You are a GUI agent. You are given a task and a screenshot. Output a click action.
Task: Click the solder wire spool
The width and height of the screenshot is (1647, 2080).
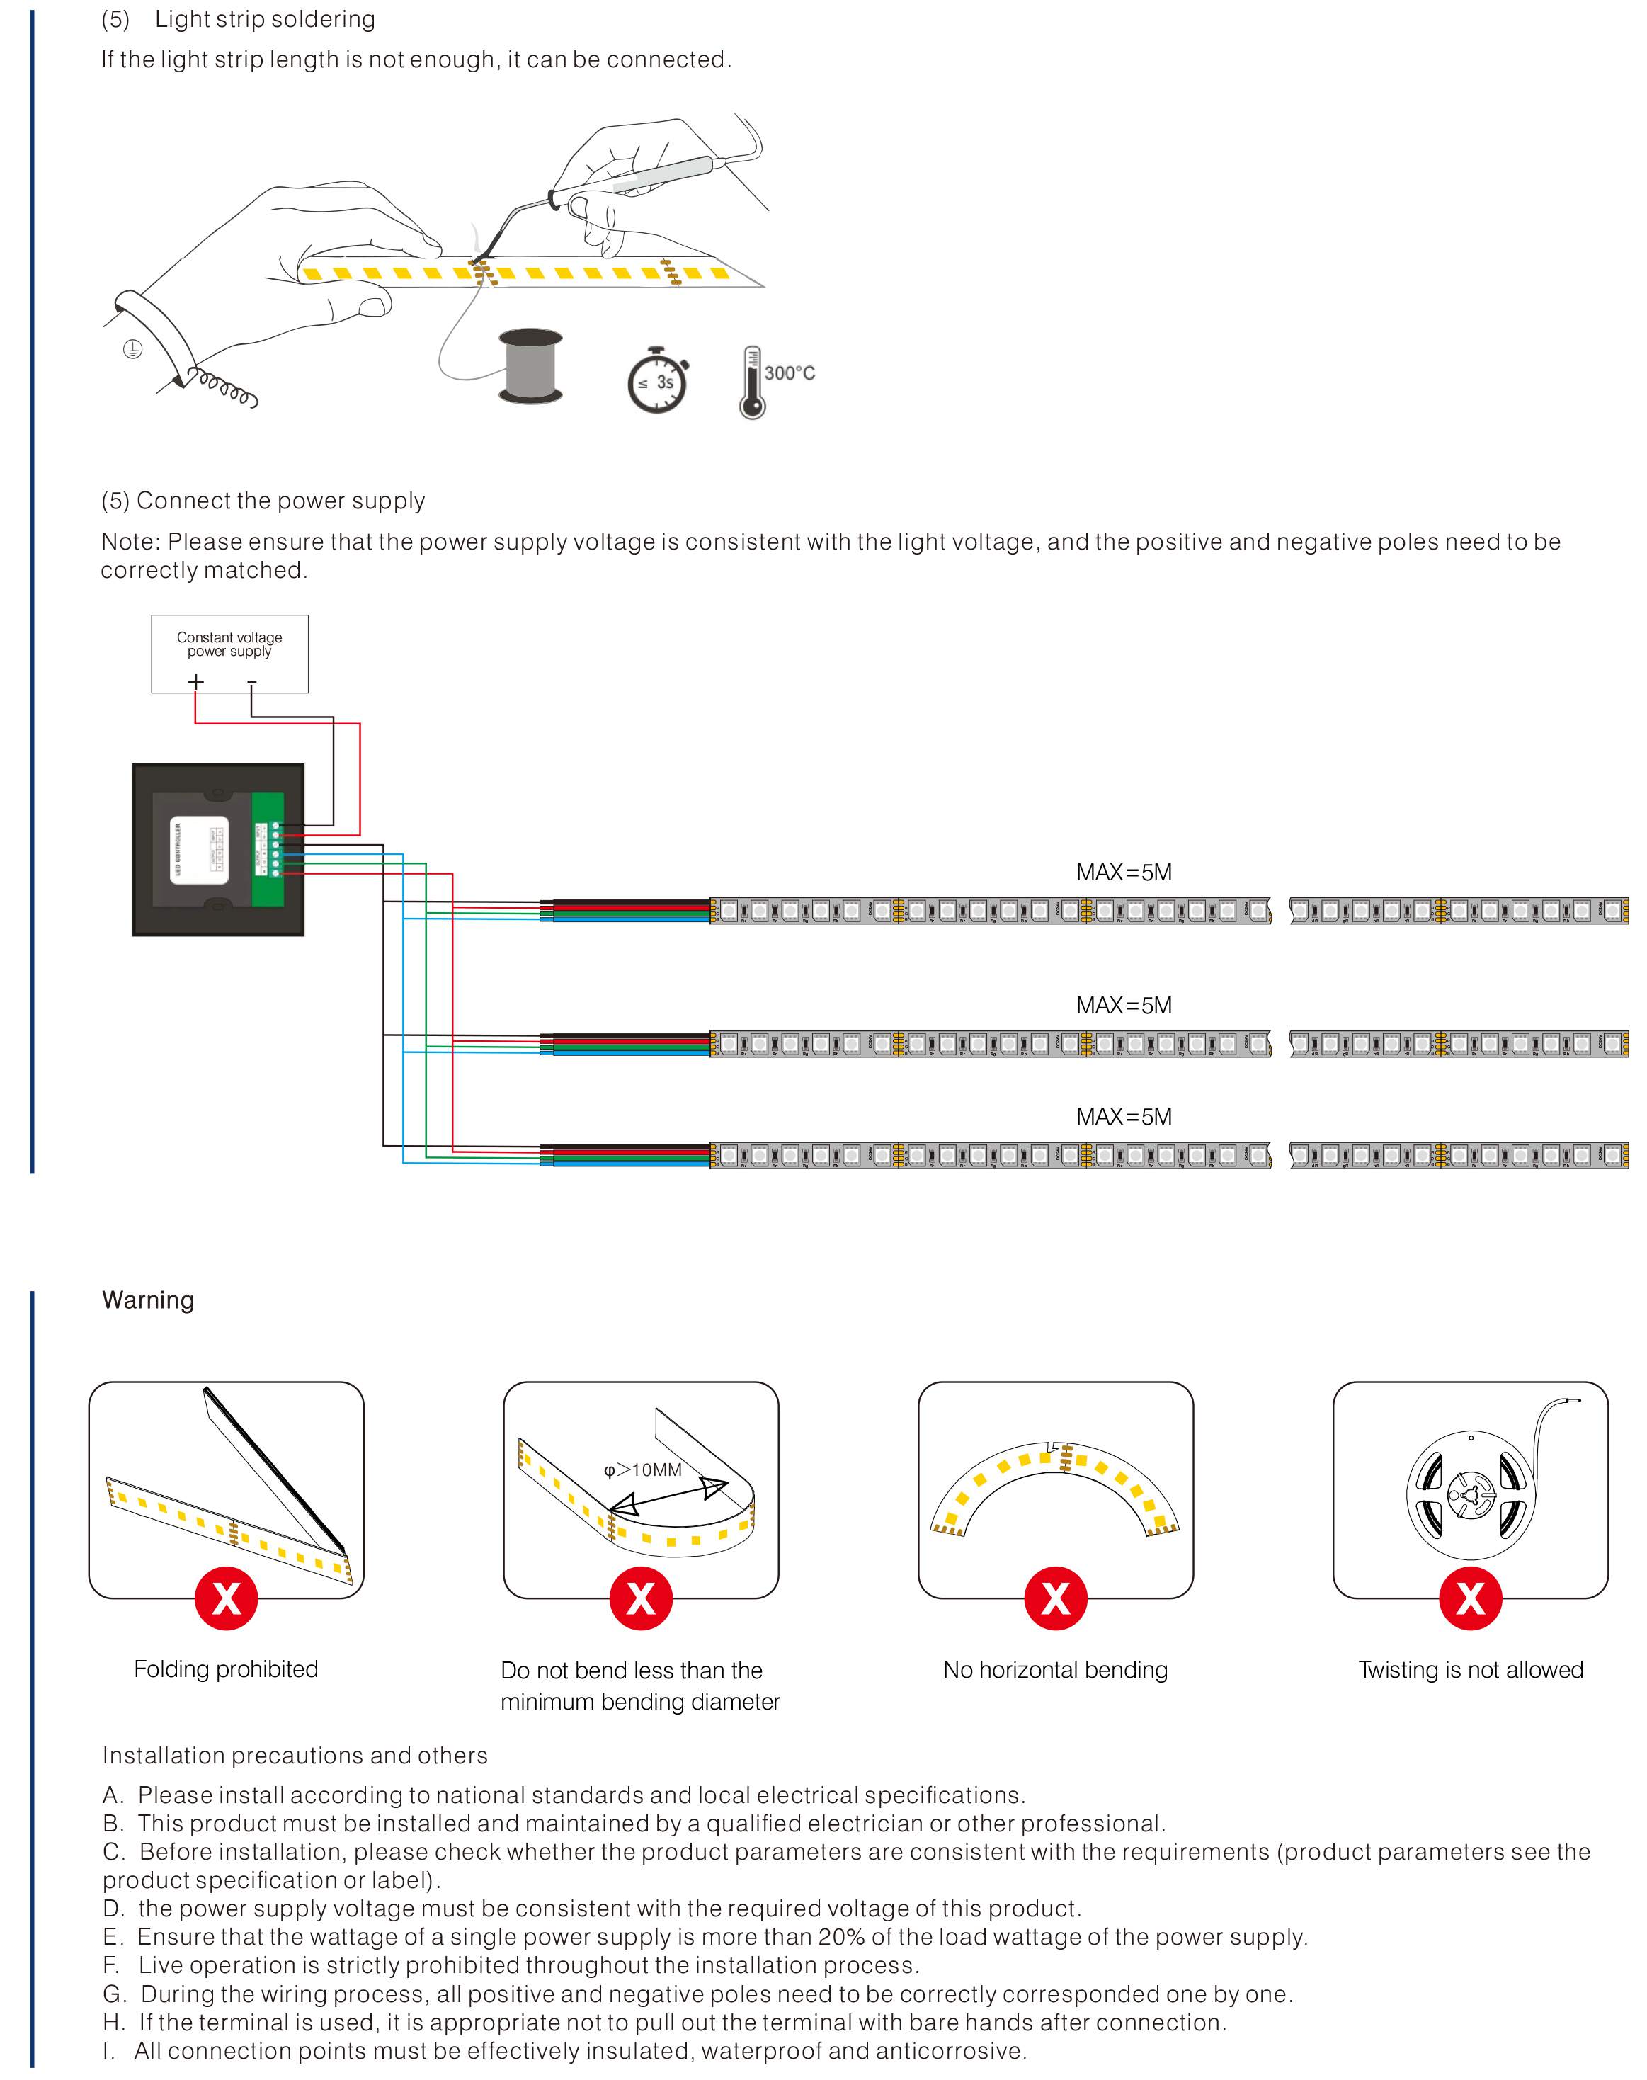click(530, 366)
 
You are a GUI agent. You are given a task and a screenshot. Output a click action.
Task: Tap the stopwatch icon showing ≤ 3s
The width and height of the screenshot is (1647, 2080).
click(658, 381)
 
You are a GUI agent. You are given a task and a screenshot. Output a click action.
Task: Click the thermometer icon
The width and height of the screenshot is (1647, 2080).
click(751, 383)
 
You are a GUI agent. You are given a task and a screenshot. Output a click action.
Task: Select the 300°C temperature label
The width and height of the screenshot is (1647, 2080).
click(789, 373)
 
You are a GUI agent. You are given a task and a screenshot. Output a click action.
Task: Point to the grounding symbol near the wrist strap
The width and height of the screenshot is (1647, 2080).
click(133, 349)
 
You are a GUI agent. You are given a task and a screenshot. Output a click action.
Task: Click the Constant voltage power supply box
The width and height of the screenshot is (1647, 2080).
click(229, 653)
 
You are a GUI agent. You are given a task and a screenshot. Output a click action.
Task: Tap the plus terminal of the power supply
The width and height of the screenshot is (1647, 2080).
click(195, 682)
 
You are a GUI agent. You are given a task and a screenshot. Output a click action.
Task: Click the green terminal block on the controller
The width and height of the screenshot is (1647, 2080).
click(268, 850)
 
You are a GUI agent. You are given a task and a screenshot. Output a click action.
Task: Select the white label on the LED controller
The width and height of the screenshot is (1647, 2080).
click(200, 851)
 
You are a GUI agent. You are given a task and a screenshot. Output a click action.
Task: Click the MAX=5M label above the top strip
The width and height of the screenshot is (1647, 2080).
click(1124, 873)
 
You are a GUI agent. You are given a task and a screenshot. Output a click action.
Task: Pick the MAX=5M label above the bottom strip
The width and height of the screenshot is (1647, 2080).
click(1124, 1117)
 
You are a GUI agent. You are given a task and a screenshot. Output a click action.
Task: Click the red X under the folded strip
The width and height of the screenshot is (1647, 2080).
click(226, 1599)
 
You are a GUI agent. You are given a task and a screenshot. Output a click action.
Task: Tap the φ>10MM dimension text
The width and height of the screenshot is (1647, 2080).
click(642, 1470)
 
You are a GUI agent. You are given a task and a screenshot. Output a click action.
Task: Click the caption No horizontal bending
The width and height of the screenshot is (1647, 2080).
click(1055, 1669)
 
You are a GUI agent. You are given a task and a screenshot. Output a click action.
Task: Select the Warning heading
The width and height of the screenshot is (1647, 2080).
click(147, 1300)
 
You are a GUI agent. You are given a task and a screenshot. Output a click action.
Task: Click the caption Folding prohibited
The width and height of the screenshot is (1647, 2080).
click(226, 1669)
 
